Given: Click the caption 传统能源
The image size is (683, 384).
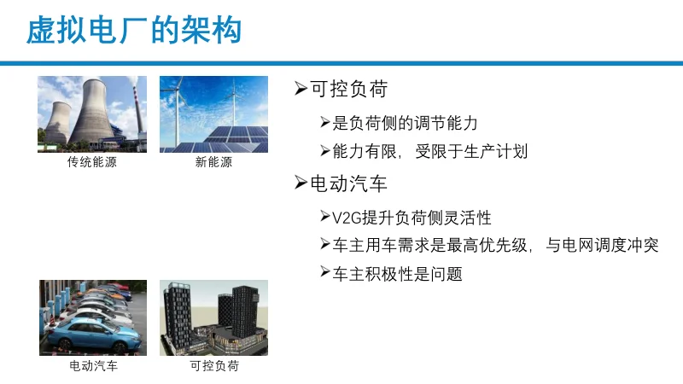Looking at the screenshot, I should [x=91, y=162].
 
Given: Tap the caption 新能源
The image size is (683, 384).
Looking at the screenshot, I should [x=213, y=162].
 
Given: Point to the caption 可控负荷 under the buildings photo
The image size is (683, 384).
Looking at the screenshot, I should [x=213, y=366].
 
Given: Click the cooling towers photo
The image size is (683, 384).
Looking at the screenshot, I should [x=92, y=114].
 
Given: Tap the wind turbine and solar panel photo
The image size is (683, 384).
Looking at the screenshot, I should [x=213, y=114].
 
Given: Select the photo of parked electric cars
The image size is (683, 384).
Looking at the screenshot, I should [x=93, y=317].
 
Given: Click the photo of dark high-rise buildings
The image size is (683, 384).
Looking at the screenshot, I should [x=213, y=317].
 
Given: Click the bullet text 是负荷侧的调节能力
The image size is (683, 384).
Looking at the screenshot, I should [x=405, y=123].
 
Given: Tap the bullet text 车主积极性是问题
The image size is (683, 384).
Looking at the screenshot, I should [x=397, y=274].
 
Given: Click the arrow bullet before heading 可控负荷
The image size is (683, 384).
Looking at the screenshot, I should [x=300, y=89].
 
